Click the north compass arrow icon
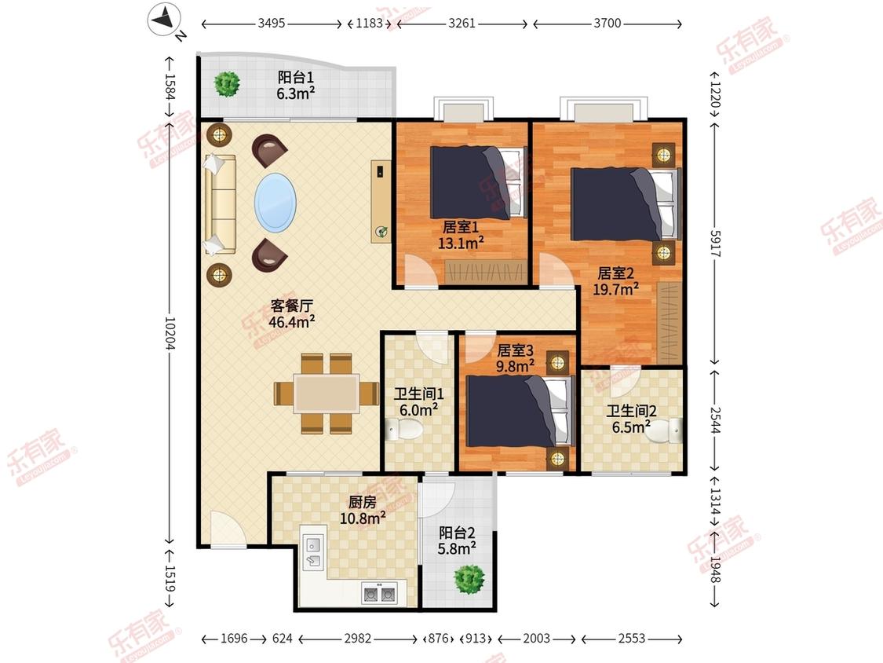point(165,20)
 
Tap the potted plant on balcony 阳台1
point(228,84)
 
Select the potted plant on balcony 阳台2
point(469,579)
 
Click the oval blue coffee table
point(275,203)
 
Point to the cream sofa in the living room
point(220,204)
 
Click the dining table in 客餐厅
point(326,393)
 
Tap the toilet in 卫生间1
point(405,432)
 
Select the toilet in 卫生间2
point(669,430)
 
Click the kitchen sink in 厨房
point(313,552)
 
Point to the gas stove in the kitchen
point(379,594)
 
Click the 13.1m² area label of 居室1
point(461,244)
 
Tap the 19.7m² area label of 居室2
point(615,289)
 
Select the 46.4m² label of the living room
point(291,322)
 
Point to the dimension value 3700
point(607,23)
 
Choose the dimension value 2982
point(358,638)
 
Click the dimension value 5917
point(715,244)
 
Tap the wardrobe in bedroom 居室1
point(486,272)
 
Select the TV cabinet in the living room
point(381,201)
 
